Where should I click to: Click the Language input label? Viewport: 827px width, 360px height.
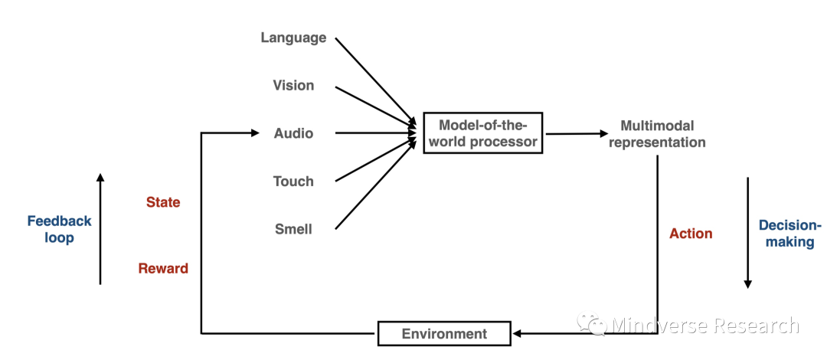[x=293, y=38]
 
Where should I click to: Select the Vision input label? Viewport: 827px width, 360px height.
[x=293, y=85]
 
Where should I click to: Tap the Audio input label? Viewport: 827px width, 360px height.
[x=293, y=133]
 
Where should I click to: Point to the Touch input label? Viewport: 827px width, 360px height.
[x=293, y=182]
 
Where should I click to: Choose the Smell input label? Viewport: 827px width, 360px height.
[x=293, y=229]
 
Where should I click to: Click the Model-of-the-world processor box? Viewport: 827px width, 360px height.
[x=482, y=133]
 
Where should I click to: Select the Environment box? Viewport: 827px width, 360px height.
[x=445, y=334]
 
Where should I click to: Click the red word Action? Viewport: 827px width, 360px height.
[x=691, y=234]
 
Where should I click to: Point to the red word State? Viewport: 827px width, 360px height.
[x=163, y=202]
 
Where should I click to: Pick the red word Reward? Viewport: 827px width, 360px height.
[x=163, y=268]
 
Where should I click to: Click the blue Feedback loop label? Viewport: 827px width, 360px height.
[x=59, y=229]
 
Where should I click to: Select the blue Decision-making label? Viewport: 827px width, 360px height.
[x=789, y=234]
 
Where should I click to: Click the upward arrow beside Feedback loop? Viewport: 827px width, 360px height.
[x=100, y=230]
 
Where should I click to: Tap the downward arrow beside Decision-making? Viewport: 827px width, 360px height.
[x=747, y=234]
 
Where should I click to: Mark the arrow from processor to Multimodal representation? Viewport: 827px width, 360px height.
[x=575, y=133]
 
